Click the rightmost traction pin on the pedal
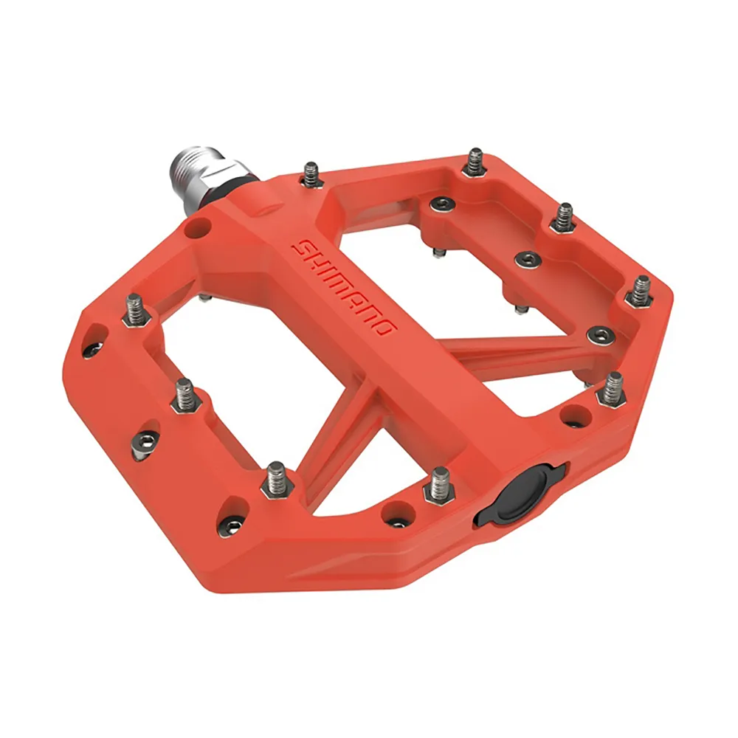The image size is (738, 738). (640, 290)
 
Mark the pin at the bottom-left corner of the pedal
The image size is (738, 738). (276, 477)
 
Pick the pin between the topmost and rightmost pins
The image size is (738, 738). (564, 216)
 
